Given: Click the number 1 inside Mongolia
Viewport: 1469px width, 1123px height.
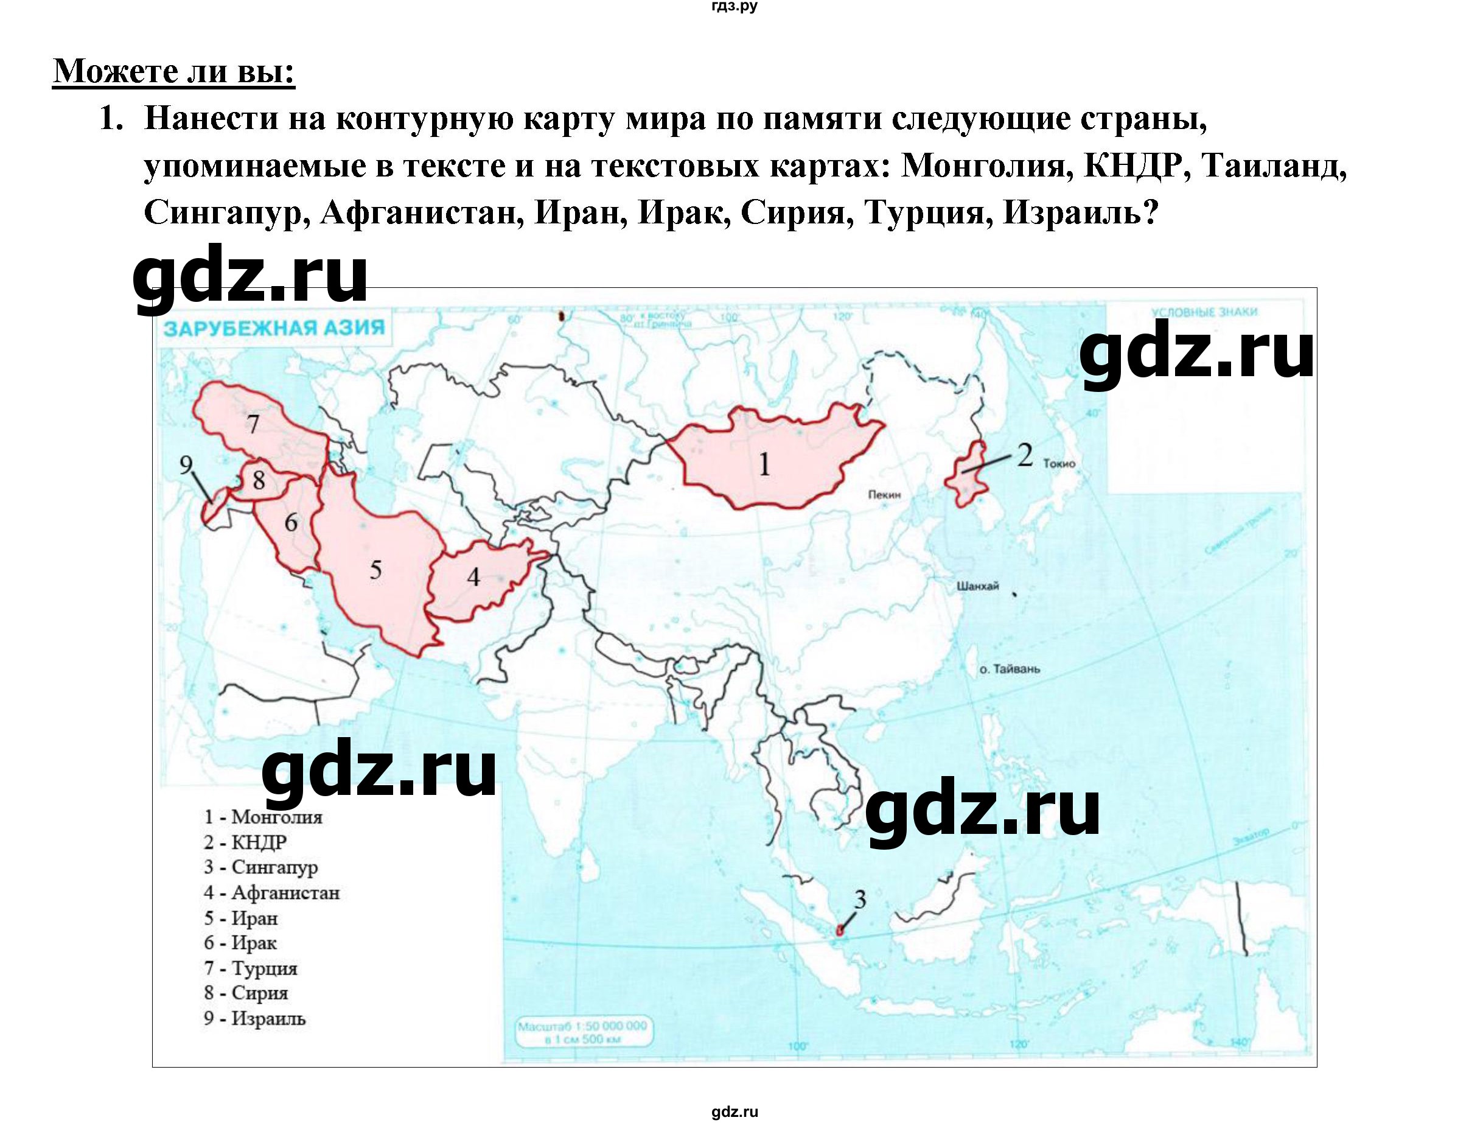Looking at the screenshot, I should (x=764, y=464).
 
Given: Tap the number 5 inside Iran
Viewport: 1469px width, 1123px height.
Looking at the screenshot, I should (x=375, y=570).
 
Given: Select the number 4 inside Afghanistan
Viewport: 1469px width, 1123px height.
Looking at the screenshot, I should (x=473, y=577).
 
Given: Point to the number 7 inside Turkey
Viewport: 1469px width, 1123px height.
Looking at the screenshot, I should (x=253, y=424).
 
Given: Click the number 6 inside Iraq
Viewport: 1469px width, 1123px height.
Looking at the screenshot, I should (x=291, y=522).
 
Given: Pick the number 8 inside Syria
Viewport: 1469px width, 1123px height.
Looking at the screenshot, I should (x=259, y=480).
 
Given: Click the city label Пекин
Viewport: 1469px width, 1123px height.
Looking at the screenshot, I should (x=884, y=495).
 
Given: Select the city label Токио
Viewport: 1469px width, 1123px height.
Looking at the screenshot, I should (x=1059, y=463).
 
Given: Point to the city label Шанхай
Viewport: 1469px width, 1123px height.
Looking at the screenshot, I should (x=978, y=586).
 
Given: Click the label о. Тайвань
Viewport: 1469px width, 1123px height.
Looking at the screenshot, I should (x=1010, y=668).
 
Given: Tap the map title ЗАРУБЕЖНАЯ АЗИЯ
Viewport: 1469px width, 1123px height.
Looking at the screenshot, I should (x=274, y=328).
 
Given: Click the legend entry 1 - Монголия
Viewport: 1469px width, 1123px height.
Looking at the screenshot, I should (x=263, y=817).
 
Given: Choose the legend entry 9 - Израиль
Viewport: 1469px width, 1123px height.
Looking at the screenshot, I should (x=254, y=1019).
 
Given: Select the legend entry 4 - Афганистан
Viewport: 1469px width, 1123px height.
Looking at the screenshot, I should (x=272, y=892).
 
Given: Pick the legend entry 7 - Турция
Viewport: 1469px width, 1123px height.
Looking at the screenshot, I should (x=251, y=968).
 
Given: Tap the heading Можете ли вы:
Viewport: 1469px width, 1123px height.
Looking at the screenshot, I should (x=174, y=71).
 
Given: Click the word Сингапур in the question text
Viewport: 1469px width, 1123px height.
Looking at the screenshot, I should (x=226, y=212).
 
